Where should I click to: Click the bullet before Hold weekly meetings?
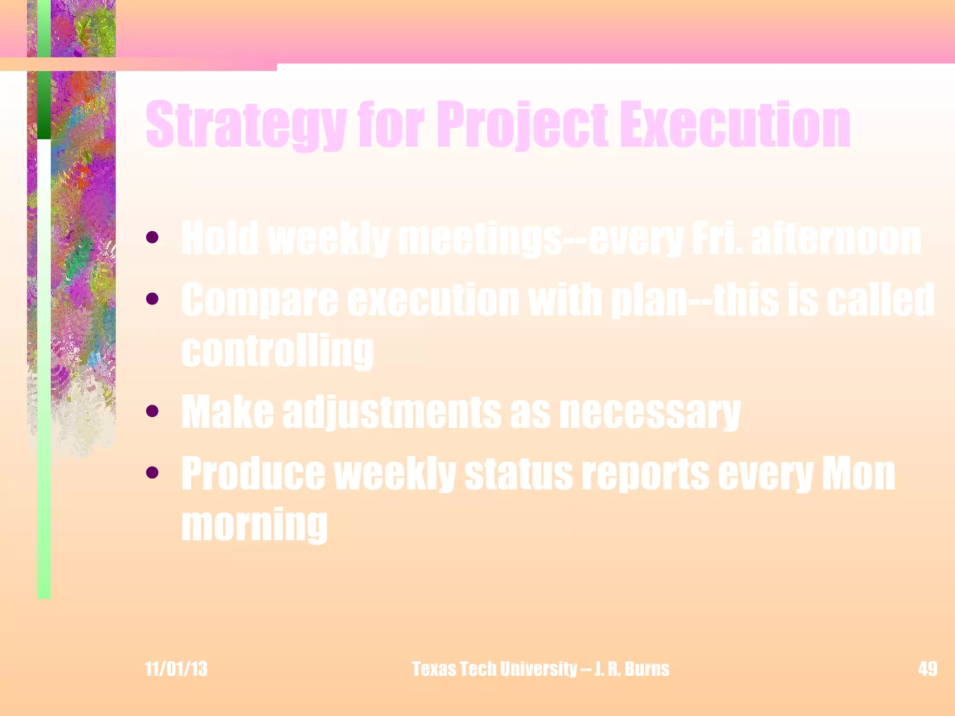click(x=152, y=238)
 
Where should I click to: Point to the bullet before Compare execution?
click(x=152, y=298)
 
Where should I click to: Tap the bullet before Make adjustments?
click(x=152, y=411)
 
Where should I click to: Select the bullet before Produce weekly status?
click(x=152, y=473)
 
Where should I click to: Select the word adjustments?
click(x=392, y=413)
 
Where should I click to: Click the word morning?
click(x=255, y=525)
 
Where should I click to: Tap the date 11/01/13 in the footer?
click(x=176, y=669)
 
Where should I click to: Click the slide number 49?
click(x=927, y=669)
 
